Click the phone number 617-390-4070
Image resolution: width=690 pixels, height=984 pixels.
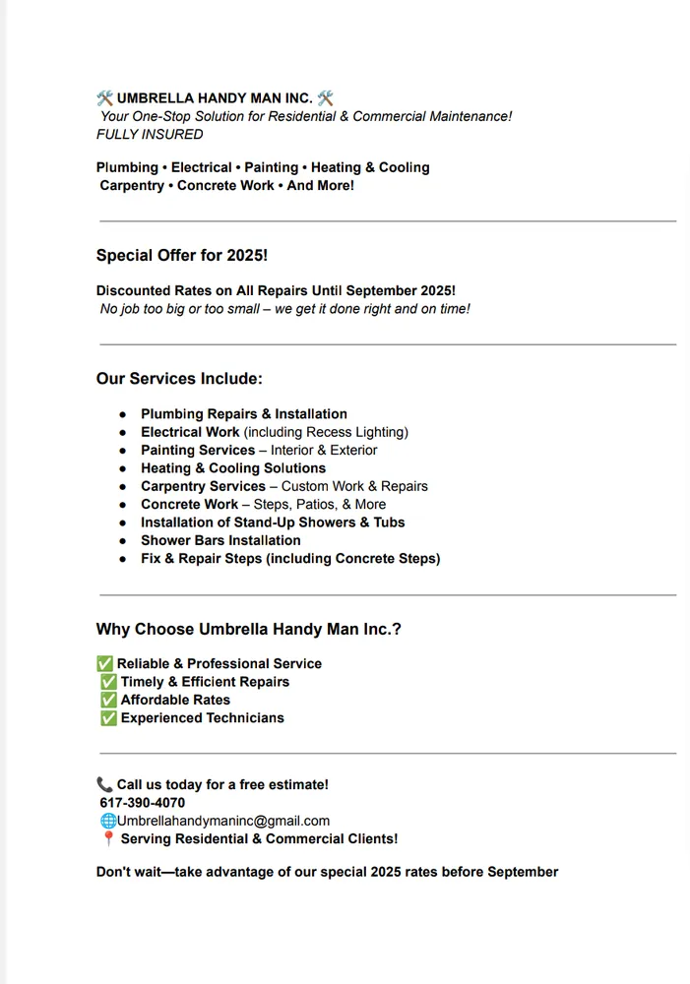[x=142, y=803]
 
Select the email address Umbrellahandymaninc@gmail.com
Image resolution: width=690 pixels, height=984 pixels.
[x=223, y=821]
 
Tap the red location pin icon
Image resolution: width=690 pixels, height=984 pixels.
[x=108, y=839]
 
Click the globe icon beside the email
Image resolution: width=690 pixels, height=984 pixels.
[x=108, y=821]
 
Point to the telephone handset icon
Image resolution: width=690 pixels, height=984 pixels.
[x=104, y=784]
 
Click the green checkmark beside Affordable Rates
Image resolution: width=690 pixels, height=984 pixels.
[x=108, y=700]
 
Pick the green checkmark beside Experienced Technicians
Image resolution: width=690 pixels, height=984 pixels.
[x=108, y=718]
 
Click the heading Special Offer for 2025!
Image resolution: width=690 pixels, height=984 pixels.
[x=182, y=255]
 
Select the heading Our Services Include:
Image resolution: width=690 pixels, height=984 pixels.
[x=179, y=379]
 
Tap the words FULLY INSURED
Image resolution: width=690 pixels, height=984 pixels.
[x=150, y=134]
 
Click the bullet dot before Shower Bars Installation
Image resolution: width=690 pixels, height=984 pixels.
[x=123, y=541]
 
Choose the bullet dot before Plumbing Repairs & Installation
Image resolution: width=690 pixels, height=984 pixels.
[x=123, y=414]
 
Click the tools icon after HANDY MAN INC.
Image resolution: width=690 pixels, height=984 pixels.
[x=326, y=97]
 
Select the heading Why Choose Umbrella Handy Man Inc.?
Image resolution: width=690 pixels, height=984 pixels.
[x=248, y=630]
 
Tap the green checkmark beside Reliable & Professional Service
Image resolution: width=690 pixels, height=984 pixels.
[x=104, y=663]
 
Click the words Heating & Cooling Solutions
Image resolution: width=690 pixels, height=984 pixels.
[x=233, y=468]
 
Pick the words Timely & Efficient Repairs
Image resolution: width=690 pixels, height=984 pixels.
[x=205, y=682]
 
